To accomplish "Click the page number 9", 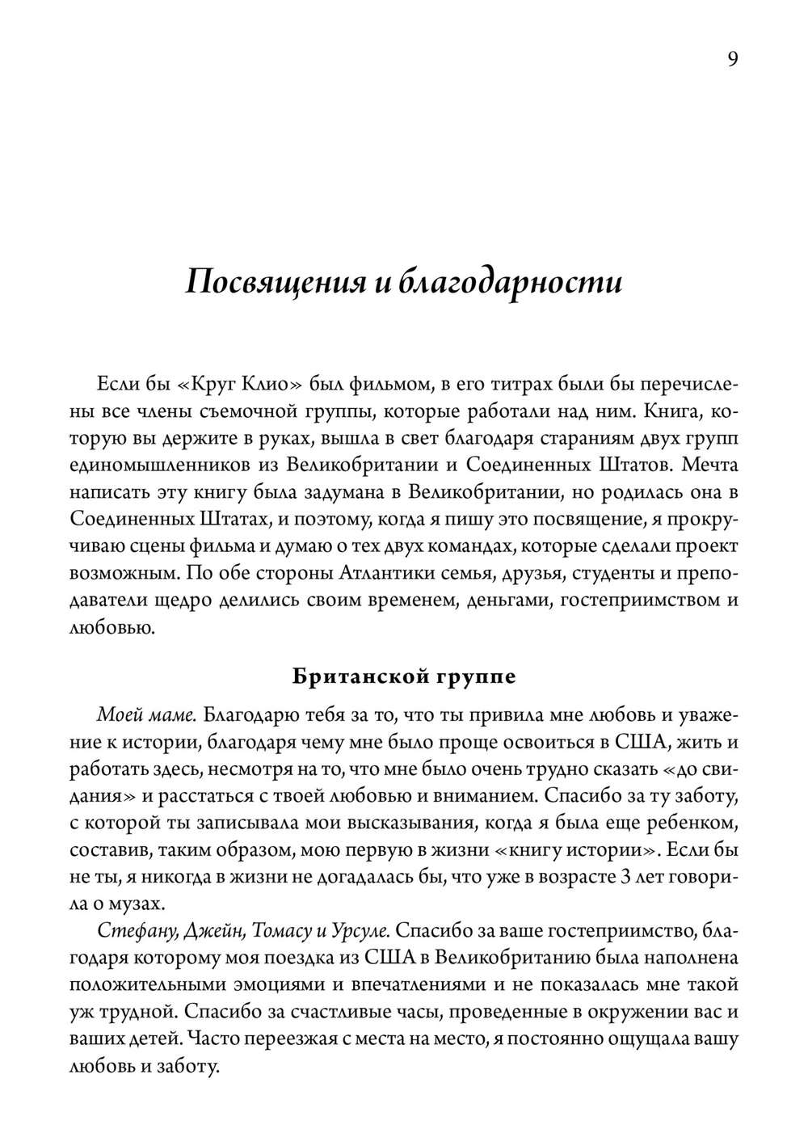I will point(732,59).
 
